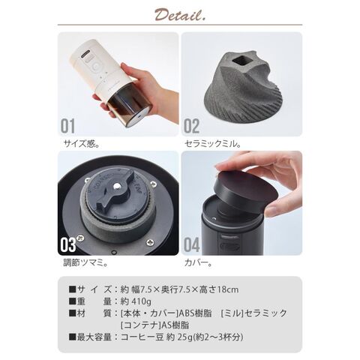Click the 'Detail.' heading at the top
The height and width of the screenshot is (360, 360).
[179, 15]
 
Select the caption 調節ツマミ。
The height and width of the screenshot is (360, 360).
[83, 264]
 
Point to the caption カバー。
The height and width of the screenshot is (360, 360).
[200, 264]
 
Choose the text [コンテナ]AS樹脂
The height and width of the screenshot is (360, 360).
[161, 325]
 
